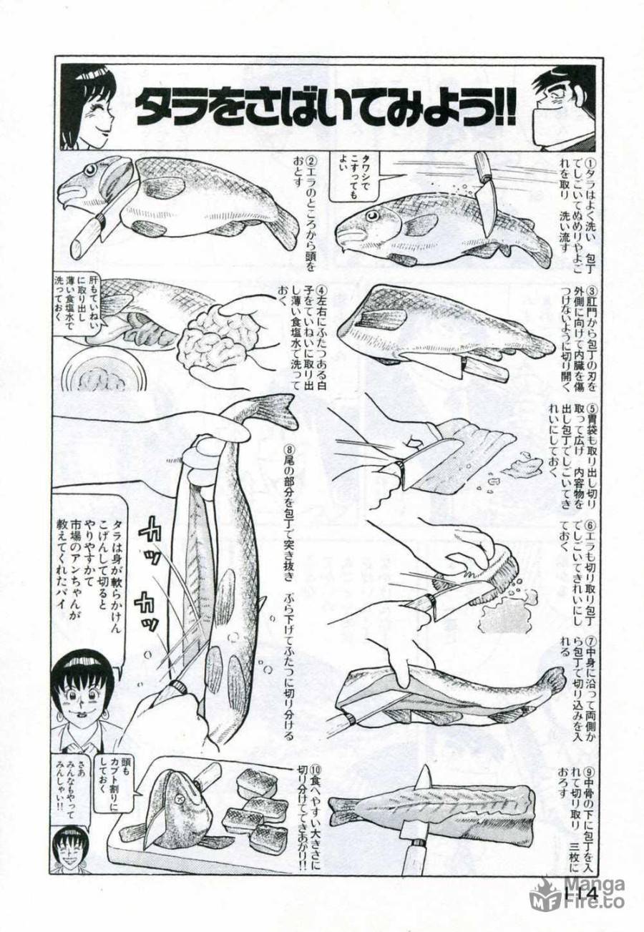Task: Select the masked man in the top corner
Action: pyautogui.click(x=565, y=107)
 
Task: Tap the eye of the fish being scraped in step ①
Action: pyautogui.click(x=372, y=215)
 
